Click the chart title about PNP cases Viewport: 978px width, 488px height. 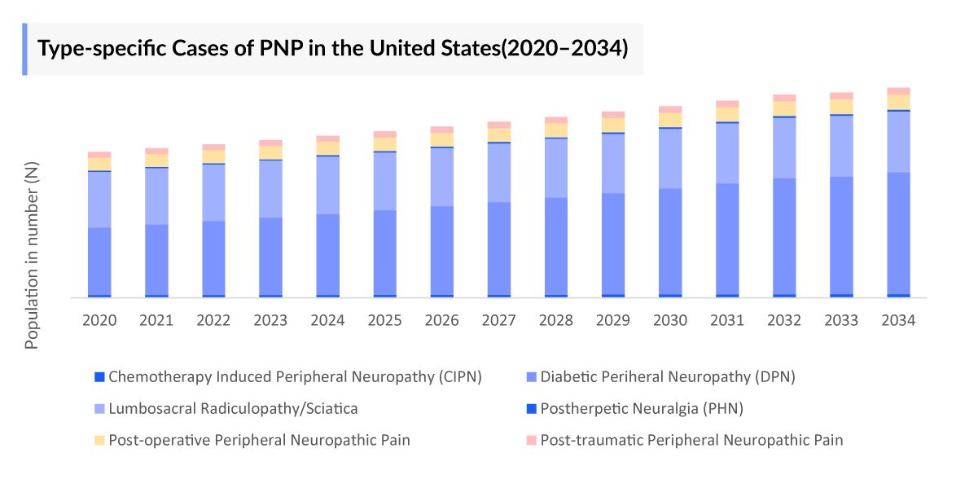(333, 49)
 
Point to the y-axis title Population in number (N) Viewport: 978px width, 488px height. (32, 256)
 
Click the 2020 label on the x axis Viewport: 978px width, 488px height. (99, 320)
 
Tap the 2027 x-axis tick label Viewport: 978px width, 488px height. (499, 320)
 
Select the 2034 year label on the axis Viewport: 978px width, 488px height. (898, 320)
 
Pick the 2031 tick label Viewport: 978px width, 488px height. (727, 320)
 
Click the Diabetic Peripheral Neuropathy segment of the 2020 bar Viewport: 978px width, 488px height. (99, 261)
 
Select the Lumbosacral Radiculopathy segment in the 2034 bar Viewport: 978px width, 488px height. (898, 142)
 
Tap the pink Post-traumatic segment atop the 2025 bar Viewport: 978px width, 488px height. (385, 134)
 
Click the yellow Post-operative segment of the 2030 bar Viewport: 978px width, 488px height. (670, 120)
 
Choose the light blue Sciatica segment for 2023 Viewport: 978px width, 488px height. (270, 189)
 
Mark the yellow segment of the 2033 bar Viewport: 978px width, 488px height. (841, 107)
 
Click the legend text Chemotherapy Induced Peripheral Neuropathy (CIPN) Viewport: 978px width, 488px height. (295, 376)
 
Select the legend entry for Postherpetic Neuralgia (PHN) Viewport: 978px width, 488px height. (642, 408)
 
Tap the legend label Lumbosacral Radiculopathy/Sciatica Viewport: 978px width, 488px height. (233, 408)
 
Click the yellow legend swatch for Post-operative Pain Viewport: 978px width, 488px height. (99, 440)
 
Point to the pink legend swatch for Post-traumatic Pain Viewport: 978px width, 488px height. (531, 440)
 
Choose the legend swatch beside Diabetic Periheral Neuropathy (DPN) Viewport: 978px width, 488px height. (531, 376)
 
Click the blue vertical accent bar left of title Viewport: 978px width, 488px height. (24, 49)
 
